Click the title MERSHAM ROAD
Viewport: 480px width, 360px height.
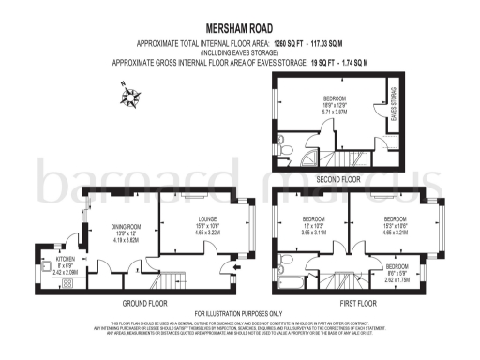point(239,29)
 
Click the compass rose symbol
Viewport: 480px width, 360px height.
point(127,93)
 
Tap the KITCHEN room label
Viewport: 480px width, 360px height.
point(66,258)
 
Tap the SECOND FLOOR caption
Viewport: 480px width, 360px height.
point(338,178)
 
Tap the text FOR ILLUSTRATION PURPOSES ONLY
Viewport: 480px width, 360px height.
point(238,313)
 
